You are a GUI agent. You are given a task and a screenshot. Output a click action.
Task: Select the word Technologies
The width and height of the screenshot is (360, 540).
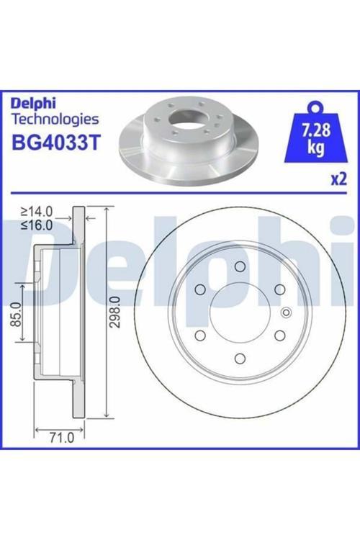(55, 120)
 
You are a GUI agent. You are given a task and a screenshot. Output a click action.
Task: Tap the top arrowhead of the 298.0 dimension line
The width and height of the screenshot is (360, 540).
(106, 209)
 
